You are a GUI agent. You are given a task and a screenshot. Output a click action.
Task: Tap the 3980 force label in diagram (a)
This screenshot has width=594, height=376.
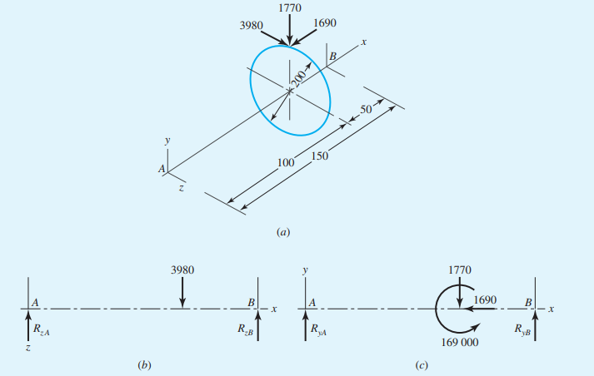pos(252,26)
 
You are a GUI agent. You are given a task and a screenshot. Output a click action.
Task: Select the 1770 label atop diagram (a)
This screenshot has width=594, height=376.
pos(290,8)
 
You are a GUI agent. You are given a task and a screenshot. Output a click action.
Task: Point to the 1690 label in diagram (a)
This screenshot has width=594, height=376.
pos(327,24)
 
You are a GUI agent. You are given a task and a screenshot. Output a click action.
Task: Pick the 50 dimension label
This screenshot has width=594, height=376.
pos(366,111)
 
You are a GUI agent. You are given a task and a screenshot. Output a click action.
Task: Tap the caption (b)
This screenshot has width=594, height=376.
pos(142,364)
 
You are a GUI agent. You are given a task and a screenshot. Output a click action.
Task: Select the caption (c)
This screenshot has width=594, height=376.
pos(422,364)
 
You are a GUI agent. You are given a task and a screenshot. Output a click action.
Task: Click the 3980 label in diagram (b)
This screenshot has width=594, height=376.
pos(182,270)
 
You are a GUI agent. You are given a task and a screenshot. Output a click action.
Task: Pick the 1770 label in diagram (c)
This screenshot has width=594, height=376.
pos(459,270)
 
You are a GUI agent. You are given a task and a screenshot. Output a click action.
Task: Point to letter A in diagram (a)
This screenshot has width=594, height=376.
pos(162,169)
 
